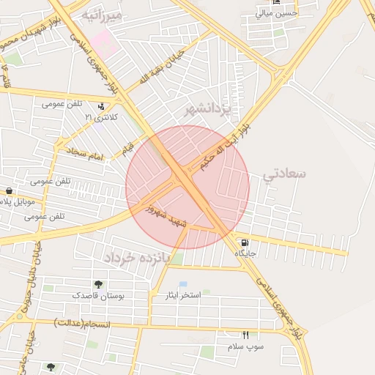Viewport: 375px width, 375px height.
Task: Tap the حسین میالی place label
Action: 277,13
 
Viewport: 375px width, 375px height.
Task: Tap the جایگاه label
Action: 245,253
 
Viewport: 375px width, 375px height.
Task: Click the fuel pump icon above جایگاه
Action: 244,242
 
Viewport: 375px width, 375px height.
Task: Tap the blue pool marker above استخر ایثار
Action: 183,283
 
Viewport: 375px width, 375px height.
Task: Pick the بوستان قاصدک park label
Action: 98,295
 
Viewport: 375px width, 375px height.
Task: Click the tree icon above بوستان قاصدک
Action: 98,284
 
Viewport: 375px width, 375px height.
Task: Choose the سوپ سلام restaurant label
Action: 245,346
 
